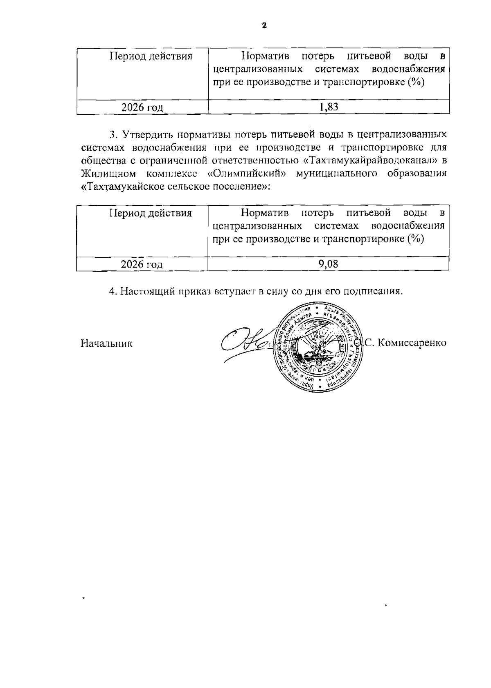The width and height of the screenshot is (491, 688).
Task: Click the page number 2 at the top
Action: [x=264, y=26]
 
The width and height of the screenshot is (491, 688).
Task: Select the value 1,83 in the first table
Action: [x=329, y=107]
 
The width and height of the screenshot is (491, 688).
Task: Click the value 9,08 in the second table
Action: [x=328, y=264]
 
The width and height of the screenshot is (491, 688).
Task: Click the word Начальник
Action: [x=106, y=343]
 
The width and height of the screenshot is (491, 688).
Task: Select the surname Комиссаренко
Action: [x=411, y=343]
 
